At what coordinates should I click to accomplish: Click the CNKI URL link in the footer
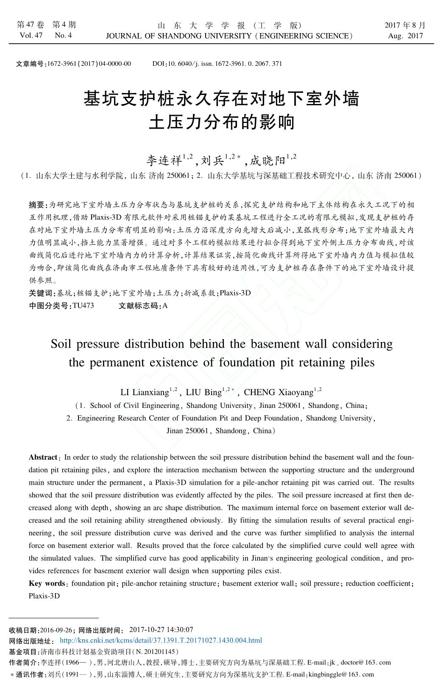pos(161,640)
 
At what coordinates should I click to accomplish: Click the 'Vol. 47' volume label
pos(31,36)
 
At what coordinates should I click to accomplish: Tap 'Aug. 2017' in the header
pos(405,36)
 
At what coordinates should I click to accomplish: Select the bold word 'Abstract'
pos(43,458)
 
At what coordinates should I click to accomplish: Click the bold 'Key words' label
pos(47,584)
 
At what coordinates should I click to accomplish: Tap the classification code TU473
pos(83,306)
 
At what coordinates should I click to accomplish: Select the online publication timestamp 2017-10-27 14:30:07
pos(161,629)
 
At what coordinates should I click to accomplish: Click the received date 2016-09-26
pos(56,630)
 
